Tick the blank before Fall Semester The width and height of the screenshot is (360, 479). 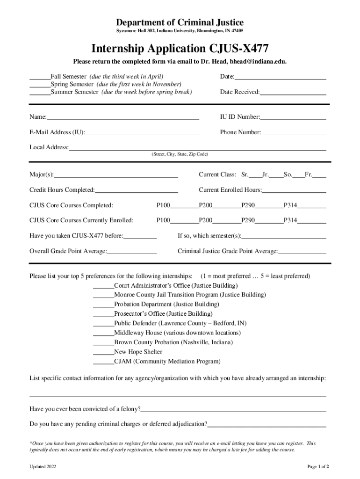tap(40, 76)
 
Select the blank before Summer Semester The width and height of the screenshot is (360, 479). tap(40, 92)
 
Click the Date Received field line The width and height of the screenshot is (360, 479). tap(293, 93)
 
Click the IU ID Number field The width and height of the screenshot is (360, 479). tap(293, 117)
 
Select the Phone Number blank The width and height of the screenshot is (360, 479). tap(295, 133)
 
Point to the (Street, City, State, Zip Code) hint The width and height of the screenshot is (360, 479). tap(180, 154)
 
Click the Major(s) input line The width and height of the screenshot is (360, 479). tap(115, 175)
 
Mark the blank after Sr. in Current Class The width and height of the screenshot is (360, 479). tap(255, 175)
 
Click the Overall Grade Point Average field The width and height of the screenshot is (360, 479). tap(131, 252)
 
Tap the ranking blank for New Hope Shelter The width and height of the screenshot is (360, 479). tap(103, 352)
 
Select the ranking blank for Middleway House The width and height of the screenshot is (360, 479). tap(103, 333)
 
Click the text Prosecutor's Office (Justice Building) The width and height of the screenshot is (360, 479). tap(163, 314)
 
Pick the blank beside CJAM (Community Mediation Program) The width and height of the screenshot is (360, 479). tap(103, 362)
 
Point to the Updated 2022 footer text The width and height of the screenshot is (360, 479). tap(43, 466)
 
